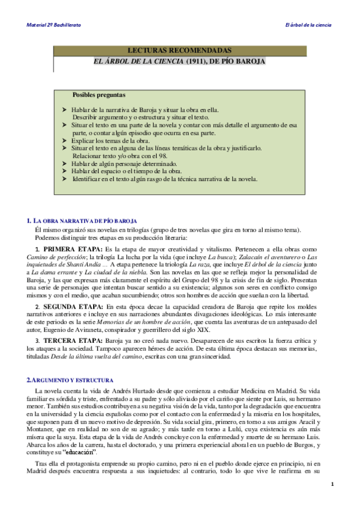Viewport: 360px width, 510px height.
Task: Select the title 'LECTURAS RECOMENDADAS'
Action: pyautogui.click(x=180, y=51)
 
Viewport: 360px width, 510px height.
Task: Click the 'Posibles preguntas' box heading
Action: pyautogui.click(x=99, y=95)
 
